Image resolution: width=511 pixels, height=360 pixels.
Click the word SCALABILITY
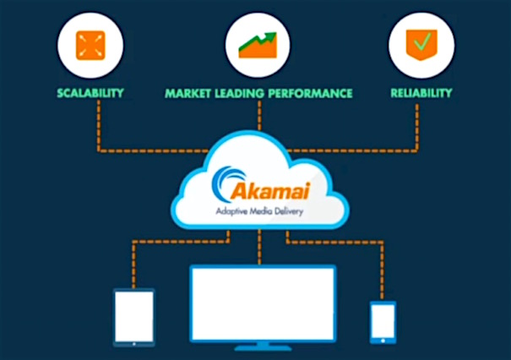click(90, 93)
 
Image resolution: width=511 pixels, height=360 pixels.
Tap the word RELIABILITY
click(421, 93)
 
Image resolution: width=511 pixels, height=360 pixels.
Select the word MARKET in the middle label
click(191, 93)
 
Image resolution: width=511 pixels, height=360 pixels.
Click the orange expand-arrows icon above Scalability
click(90, 45)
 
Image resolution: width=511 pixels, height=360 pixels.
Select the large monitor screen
click(262, 302)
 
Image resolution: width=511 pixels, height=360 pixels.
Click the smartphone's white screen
click(383, 321)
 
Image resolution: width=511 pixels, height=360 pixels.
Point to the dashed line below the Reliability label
click(420, 127)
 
